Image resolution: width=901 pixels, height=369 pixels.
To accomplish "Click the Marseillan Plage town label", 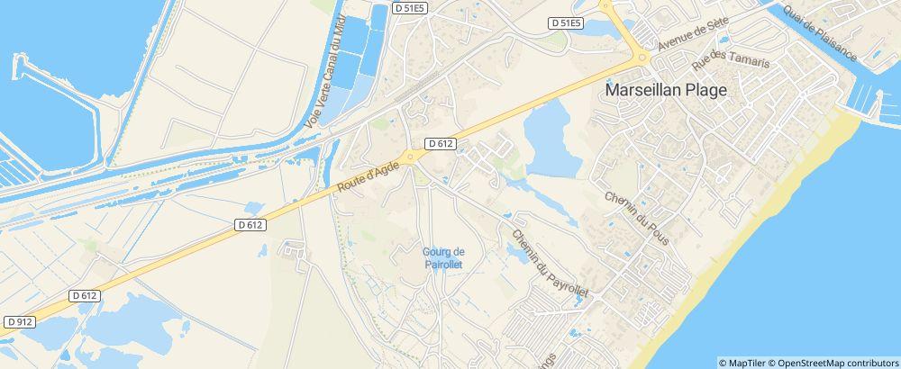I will [x=667, y=90].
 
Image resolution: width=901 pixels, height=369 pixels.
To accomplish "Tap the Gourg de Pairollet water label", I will [x=442, y=257].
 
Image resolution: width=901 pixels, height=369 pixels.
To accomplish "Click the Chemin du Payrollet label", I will [x=549, y=264].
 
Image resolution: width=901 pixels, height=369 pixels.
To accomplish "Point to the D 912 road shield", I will [x=19, y=321].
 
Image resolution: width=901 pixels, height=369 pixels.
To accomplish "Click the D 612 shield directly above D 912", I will [x=84, y=295].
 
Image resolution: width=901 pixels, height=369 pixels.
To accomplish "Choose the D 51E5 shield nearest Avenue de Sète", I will [x=566, y=22].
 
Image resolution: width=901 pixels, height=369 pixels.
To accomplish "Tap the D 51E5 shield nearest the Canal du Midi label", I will [x=409, y=7].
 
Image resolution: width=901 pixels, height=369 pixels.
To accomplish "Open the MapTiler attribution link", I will [x=747, y=363].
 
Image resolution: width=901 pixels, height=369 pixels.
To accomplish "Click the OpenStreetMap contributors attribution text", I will [x=837, y=363].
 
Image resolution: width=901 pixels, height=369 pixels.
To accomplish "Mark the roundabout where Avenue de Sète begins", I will [x=642, y=58].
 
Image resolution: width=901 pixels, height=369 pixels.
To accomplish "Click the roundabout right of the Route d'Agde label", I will [x=411, y=157].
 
